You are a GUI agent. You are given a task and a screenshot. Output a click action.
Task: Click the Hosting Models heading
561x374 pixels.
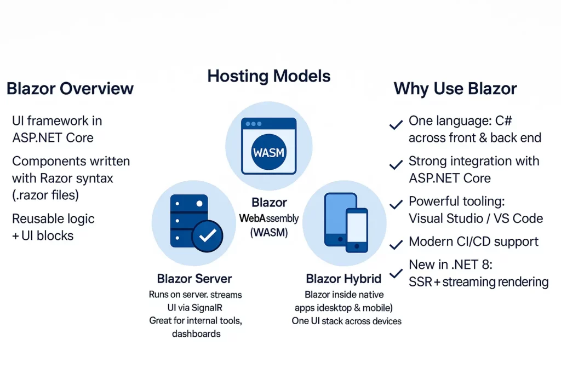coord(268,76)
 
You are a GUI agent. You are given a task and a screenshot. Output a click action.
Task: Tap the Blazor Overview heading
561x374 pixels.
coord(70,89)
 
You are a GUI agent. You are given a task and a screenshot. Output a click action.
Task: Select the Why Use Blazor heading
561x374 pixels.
coord(455,89)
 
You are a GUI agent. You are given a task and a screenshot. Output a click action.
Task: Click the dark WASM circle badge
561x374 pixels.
coord(268,153)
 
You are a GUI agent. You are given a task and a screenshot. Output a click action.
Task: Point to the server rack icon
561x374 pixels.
coord(189,221)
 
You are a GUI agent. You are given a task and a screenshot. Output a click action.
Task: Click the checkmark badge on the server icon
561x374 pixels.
coord(208,235)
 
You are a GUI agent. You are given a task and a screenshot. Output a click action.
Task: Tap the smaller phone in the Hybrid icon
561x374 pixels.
coord(357,230)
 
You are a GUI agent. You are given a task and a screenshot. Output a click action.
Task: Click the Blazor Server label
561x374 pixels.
coord(194,279)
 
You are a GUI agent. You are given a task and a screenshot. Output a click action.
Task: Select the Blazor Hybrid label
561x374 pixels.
coord(344,279)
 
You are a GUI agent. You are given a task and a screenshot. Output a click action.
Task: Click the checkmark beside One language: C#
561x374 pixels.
coord(396,124)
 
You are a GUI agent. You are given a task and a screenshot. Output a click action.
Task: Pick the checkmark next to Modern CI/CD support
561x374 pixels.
coord(396,245)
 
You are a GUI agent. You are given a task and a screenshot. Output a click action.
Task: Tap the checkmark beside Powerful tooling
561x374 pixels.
coord(396,204)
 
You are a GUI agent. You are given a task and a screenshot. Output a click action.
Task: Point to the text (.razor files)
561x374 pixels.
coord(45,195)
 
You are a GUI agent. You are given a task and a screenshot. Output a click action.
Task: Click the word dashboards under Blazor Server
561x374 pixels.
coord(196,333)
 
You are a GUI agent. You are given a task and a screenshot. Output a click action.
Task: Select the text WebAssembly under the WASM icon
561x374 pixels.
coord(268,218)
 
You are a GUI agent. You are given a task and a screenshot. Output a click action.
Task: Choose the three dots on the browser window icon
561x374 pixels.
coord(253,124)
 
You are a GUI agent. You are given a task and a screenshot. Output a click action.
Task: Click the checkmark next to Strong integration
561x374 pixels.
coord(396,164)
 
